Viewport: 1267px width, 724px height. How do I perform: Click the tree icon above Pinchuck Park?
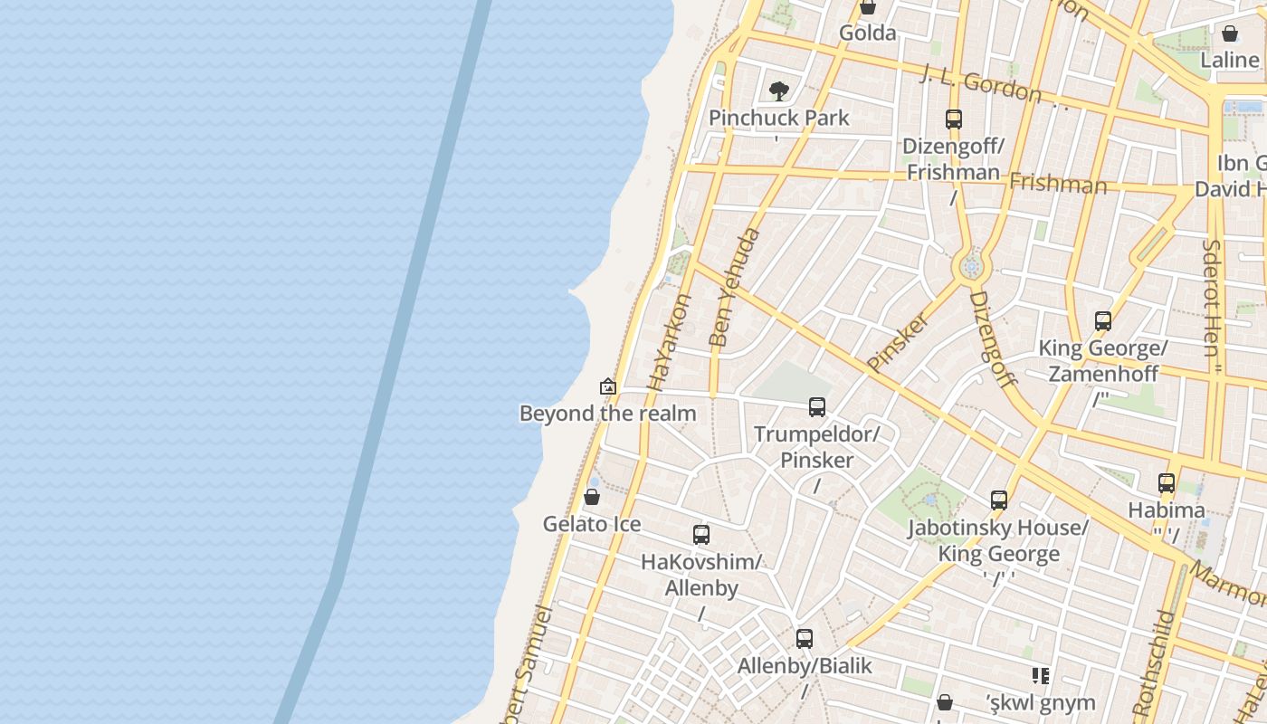click(778, 90)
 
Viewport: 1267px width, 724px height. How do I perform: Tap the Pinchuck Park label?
click(778, 118)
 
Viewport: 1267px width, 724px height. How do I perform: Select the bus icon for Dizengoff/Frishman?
click(953, 119)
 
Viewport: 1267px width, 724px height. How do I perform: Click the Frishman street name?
click(1057, 185)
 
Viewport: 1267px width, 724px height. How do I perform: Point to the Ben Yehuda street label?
click(734, 289)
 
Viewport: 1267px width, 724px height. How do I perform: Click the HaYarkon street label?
click(669, 342)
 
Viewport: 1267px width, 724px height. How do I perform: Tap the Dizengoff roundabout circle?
click(972, 267)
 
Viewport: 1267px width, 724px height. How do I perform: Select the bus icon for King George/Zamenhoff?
click(1102, 320)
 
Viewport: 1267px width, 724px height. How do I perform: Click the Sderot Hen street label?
click(1211, 299)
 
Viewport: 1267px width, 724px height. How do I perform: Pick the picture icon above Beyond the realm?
click(608, 386)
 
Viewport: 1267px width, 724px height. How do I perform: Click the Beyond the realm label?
click(607, 414)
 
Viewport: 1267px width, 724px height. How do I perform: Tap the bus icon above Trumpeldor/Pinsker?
click(816, 407)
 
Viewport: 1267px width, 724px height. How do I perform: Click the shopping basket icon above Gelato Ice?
click(591, 497)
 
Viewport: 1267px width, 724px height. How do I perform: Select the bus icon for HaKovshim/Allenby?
click(700, 534)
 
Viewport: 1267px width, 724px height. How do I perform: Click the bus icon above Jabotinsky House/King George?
click(998, 500)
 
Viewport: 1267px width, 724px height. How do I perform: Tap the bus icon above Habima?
click(1166, 482)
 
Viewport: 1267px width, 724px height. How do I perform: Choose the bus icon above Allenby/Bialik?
click(804, 638)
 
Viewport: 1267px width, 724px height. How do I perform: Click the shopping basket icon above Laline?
click(1229, 34)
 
